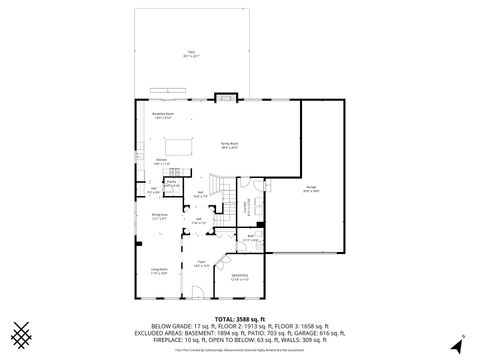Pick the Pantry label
click(x=172, y=182)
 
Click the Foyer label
click(x=199, y=264)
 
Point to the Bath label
click(x=250, y=238)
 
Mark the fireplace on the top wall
click(x=225, y=98)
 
